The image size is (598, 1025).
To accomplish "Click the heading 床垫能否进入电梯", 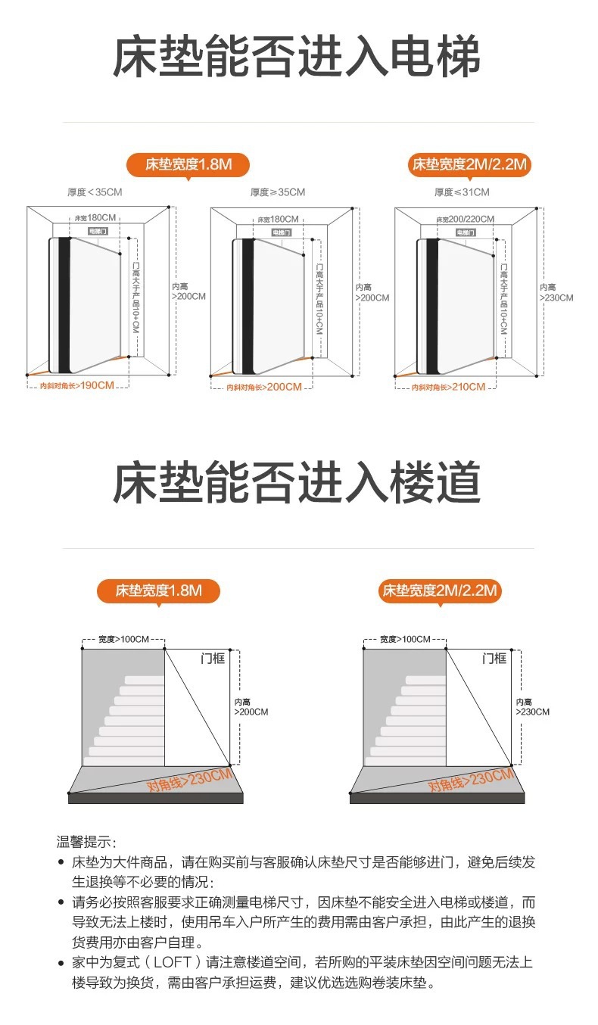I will [297, 58].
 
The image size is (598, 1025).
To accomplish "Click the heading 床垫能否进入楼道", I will [297, 483].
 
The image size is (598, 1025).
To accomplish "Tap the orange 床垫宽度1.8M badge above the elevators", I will [188, 164].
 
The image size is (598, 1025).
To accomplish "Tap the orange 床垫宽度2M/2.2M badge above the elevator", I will [469, 164].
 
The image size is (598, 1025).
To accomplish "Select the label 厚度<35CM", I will [94, 192].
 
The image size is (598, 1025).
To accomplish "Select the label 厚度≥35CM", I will [278, 192].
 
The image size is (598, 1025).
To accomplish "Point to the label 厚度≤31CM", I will [462, 192].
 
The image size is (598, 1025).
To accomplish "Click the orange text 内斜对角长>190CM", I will [77, 386].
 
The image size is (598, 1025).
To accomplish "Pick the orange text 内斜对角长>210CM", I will [448, 387].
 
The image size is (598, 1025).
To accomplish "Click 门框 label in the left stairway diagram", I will [213, 659].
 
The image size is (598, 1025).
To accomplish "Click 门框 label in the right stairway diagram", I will [494, 659].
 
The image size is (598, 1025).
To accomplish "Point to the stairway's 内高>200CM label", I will [251, 707].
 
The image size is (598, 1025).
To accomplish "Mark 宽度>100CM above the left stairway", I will [123, 640].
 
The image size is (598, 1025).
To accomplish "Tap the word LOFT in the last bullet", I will [177, 962].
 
